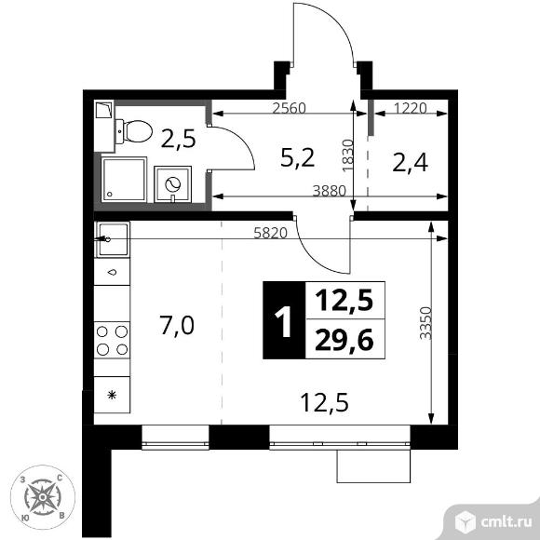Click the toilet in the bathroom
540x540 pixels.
tap(134, 131)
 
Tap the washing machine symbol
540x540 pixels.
tap(172, 184)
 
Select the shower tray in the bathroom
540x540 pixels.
tap(124, 180)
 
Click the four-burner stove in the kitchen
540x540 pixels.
tap(113, 340)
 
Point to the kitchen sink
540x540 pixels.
tap(113, 239)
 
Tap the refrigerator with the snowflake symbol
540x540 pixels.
tap(112, 395)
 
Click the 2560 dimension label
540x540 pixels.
tap(289, 109)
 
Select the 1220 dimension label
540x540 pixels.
tap(411, 109)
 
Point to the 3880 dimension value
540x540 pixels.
tap(329, 191)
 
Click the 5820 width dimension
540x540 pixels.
tap(270, 234)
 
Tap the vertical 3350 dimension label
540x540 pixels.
tap(426, 323)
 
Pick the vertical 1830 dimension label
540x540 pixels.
tap(348, 155)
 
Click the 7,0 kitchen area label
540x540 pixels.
tap(177, 326)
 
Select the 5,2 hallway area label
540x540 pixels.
tap(298, 158)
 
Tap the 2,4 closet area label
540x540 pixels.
tap(410, 163)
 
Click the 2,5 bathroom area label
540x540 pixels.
tap(179, 138)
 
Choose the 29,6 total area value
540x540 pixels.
tap(344, 340)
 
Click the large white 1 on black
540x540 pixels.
tap(284, 321)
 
